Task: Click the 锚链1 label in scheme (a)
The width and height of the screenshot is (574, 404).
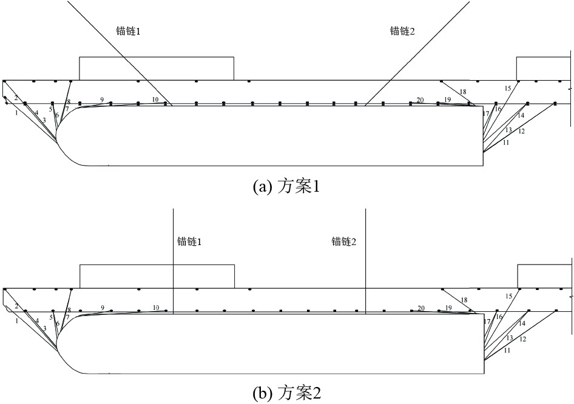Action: tap(128, 31)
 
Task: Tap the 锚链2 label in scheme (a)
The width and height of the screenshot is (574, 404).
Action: tap(402, 31)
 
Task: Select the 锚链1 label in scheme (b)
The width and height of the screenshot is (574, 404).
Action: tap(190, 241)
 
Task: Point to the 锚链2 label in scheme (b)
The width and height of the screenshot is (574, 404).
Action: tap(344, 241)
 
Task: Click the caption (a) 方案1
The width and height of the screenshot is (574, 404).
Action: tap(287, 187)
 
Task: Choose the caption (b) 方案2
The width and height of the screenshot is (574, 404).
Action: tap(287, 394)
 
